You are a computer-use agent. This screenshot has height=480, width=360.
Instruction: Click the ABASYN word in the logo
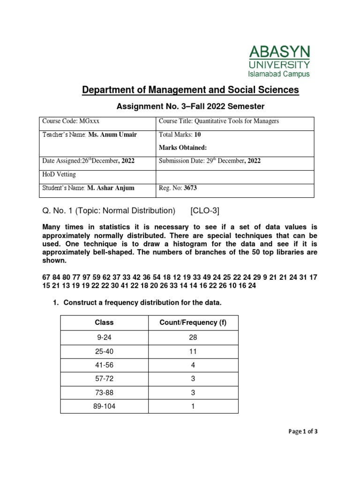[x=278, y=52]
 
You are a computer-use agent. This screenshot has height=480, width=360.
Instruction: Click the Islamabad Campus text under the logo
[x=278, y=74]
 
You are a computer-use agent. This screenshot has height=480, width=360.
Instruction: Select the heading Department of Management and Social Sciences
[x=190, y=90]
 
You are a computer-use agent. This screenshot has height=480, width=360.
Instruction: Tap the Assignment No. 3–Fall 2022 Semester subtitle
[x=190, y=106]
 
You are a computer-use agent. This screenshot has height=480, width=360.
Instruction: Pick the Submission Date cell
[x=210, y=160]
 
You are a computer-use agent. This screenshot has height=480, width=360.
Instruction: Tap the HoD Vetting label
[x=59, y=174]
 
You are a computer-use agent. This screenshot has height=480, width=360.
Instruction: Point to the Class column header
[x=104, y=322]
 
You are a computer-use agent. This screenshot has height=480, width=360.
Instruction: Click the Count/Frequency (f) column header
[x=193, y=322]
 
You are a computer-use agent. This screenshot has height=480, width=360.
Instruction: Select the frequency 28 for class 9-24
[x=193, y=337]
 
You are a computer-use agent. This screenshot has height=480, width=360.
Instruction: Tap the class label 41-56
[x=104, y=365]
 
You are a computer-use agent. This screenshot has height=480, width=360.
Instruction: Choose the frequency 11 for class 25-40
[x=193, y=351]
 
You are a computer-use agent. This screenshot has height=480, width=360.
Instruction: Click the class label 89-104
[x=104, y=406]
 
